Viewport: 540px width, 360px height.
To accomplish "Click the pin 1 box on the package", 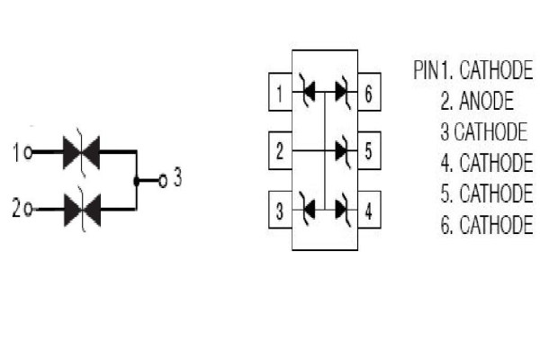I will [280, 92].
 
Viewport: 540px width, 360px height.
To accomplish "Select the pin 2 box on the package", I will [280, 151].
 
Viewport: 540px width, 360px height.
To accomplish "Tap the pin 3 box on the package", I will [280, 212].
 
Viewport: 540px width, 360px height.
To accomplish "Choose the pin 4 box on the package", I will [368, 212].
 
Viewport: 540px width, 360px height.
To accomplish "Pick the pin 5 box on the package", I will [368, 151].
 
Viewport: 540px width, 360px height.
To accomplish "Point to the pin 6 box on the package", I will [368, 92].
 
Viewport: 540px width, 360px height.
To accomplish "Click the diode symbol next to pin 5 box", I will [342, 151].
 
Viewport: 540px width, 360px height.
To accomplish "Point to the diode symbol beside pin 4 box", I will [342, 211].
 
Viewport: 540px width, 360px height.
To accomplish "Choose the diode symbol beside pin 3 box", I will [308, 211].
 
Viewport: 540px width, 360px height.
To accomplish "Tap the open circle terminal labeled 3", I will [162, 180].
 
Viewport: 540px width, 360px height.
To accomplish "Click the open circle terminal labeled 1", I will [29, 153].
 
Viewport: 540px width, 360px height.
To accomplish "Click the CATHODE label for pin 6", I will [496, 225].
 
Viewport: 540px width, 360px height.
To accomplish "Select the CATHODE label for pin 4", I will [496, 164].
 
